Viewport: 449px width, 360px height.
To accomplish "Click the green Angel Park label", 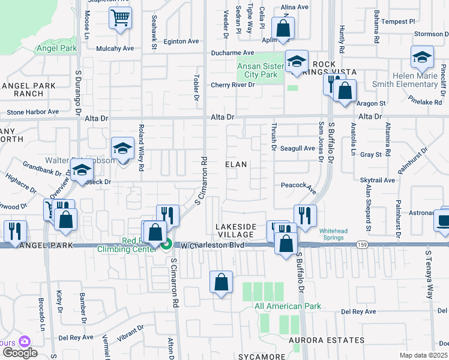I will click(57, 48).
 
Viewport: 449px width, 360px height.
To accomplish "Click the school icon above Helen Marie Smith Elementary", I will click(422, 57).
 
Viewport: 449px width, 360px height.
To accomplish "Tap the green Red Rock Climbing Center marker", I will click(167, 244).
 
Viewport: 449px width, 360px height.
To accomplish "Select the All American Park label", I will click(288, 306).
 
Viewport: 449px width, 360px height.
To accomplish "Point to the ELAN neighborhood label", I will click(237, 164).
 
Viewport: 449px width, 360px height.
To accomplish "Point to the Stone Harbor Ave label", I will click(33, 112).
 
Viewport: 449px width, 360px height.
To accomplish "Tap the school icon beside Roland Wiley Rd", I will click(122, 149).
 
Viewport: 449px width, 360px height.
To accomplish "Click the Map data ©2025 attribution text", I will click(423, 355).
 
